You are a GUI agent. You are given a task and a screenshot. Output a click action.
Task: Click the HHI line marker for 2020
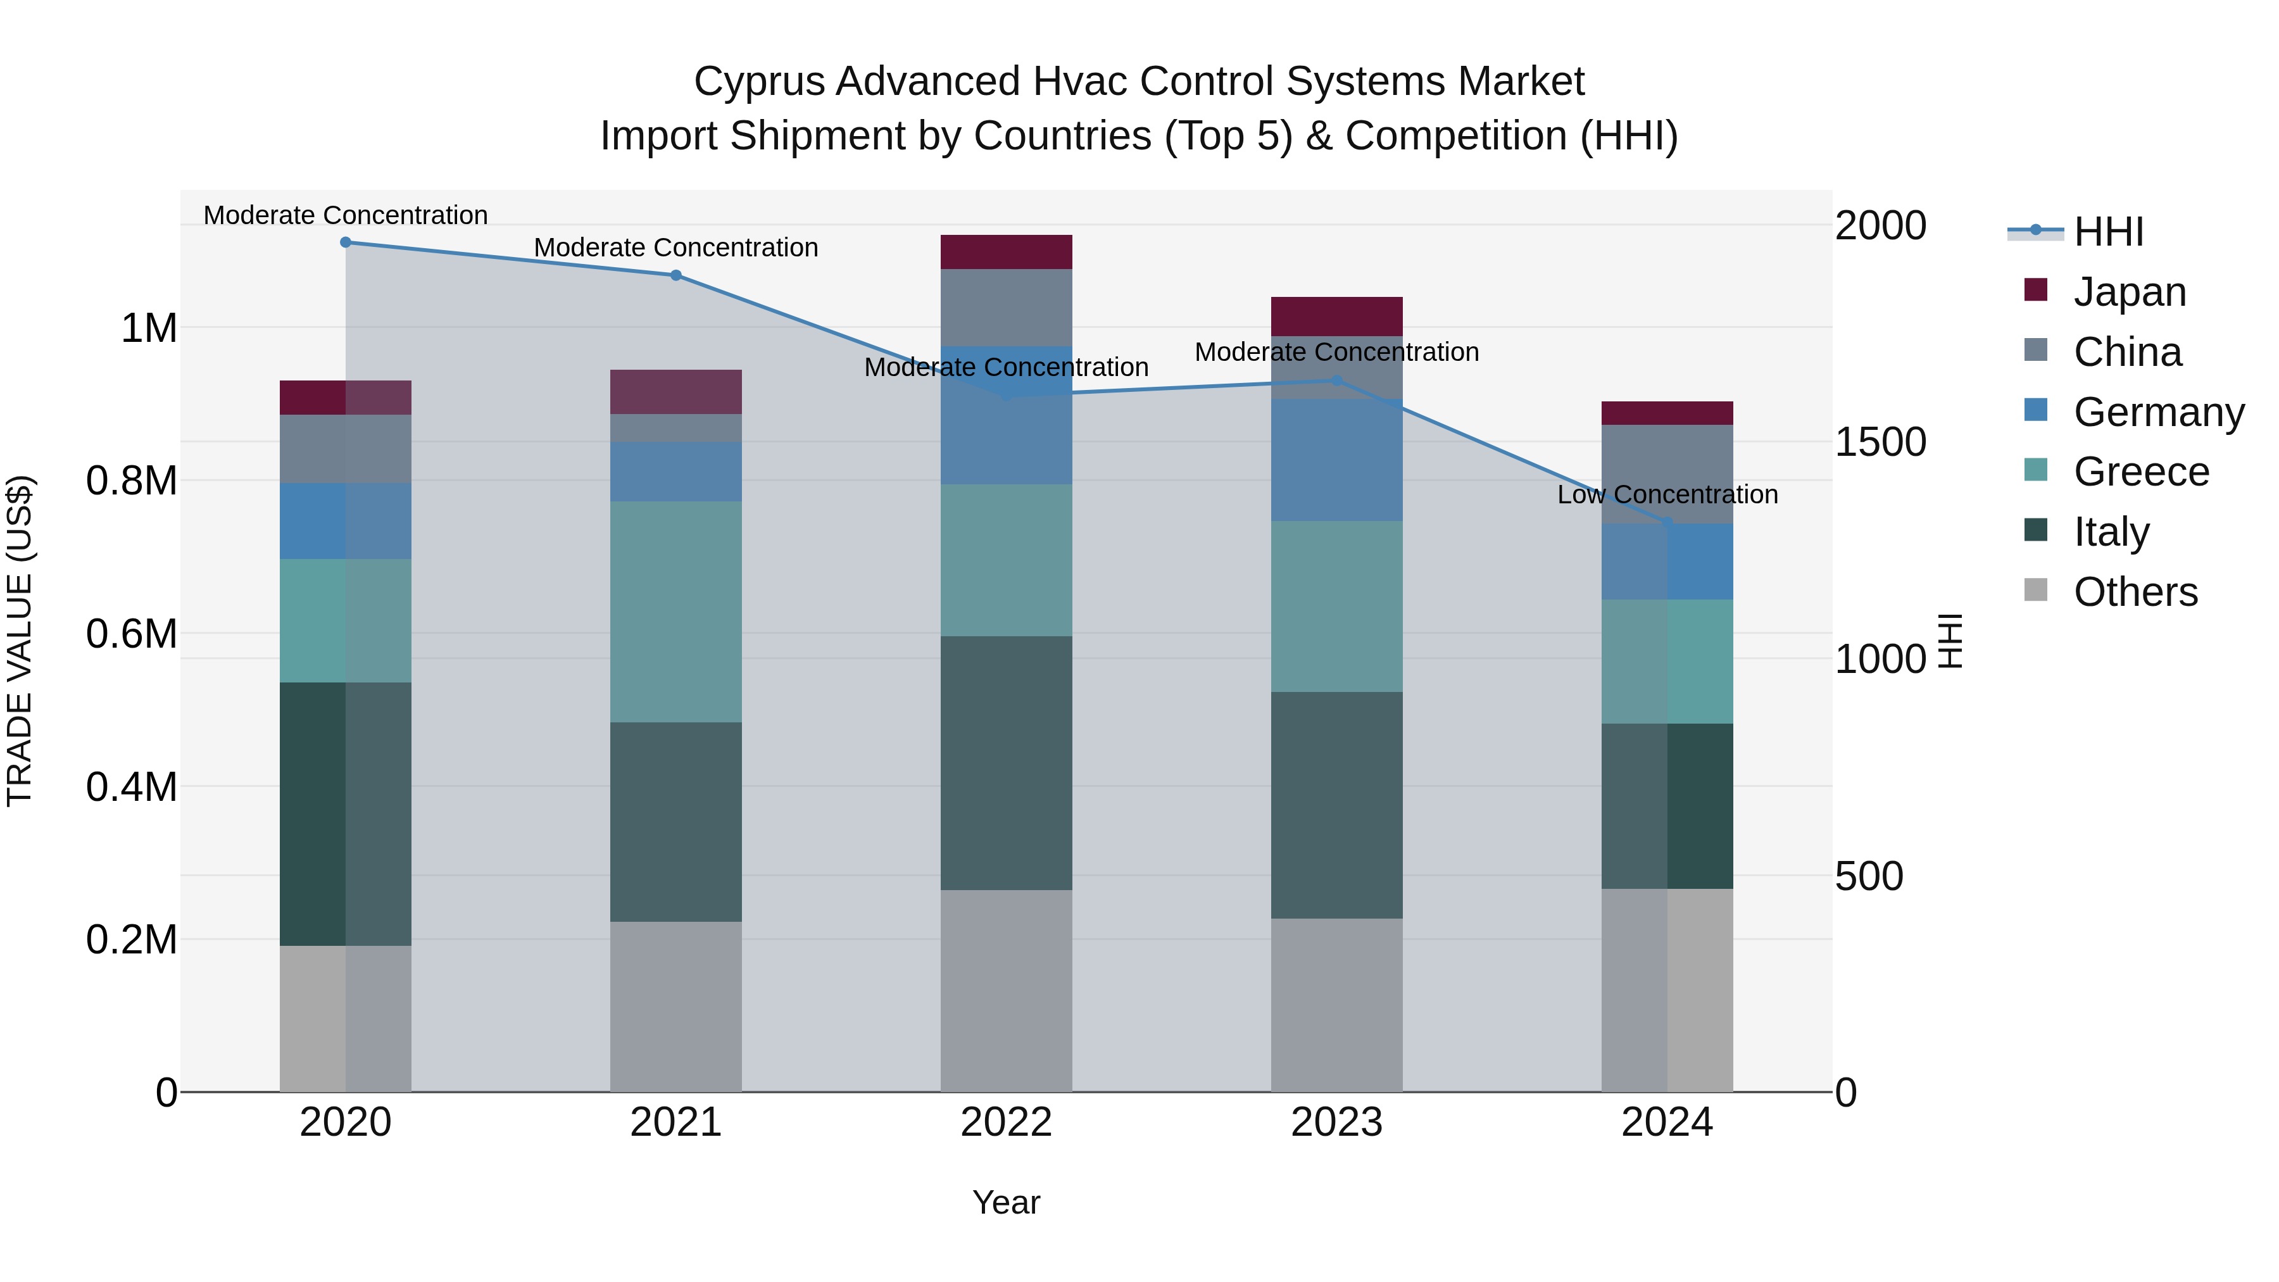click(346, 242)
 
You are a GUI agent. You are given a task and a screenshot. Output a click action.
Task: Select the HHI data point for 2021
click(676, 275)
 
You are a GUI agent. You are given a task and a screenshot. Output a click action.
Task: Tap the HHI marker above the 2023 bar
click(1337, 380)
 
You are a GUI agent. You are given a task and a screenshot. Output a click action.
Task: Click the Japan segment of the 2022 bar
click(1006, 252)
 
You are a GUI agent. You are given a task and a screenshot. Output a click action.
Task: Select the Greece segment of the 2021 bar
click(676, 612)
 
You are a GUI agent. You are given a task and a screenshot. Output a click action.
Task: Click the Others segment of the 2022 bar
click(1006, 990)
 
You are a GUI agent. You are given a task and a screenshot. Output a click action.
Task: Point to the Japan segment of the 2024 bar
click(1667, 413)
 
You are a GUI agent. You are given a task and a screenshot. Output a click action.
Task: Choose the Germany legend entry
click(2159, 412)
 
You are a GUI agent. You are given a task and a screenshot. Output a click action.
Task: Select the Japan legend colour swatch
click(2036, 290)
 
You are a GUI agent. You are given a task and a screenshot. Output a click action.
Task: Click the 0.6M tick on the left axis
click(132, 634)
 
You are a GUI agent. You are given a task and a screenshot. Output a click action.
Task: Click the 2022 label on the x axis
click(1006, 1122)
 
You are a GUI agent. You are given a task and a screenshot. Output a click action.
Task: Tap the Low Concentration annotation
click(1667, 494)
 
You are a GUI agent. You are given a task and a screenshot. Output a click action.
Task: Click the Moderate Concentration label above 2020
click(346, 215)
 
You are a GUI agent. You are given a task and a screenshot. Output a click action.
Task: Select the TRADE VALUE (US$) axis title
click(20, 641)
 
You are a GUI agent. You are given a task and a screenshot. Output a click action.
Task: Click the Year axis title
click(1006, 1202)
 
